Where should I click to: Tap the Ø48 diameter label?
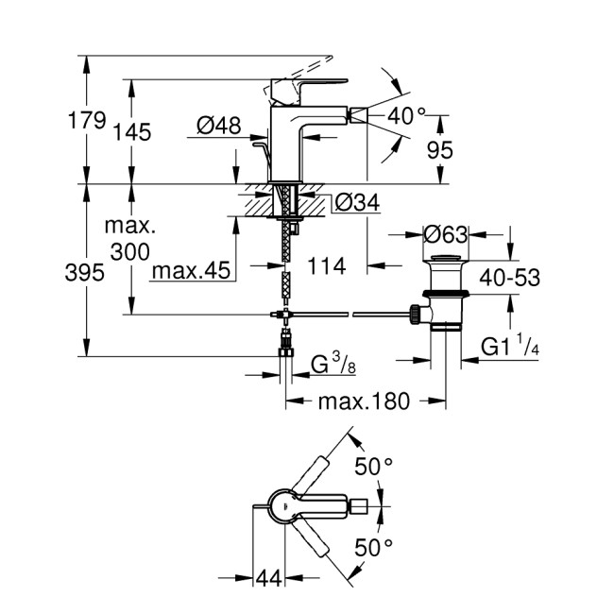pos(218,125)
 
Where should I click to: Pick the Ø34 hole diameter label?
pos(358,202)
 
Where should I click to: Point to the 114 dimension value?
pos(327,266)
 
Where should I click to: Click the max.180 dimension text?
pos(364,401)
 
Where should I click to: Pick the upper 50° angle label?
pos(373,467)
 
